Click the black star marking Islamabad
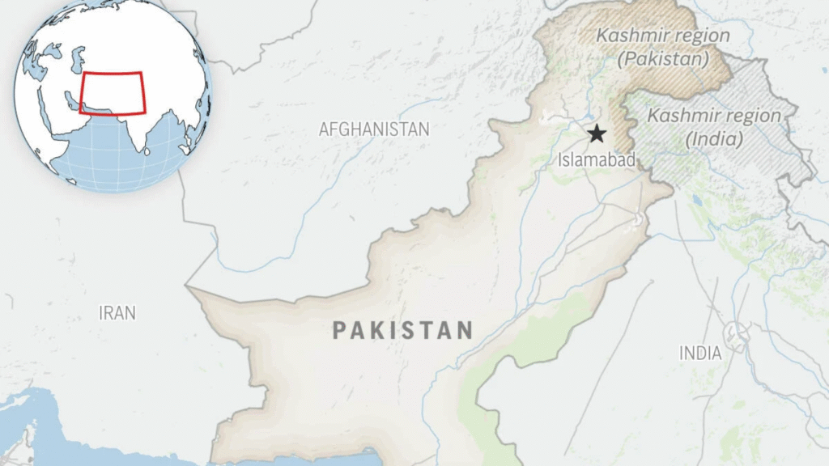point(597,133)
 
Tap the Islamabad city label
point(597,160)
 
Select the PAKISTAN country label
point(402,330)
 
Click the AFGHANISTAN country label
point(374,129)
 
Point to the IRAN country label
point(117,313)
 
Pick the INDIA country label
point(701,353)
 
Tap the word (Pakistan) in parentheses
point(663,59)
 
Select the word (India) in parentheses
point(714,139)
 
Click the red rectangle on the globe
point(112,93)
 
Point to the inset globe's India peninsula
point(144,133)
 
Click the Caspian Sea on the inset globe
point(78,58)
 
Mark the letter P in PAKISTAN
point(340,330)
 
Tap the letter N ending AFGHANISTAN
point(423,129)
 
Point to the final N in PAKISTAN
point(465,330)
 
